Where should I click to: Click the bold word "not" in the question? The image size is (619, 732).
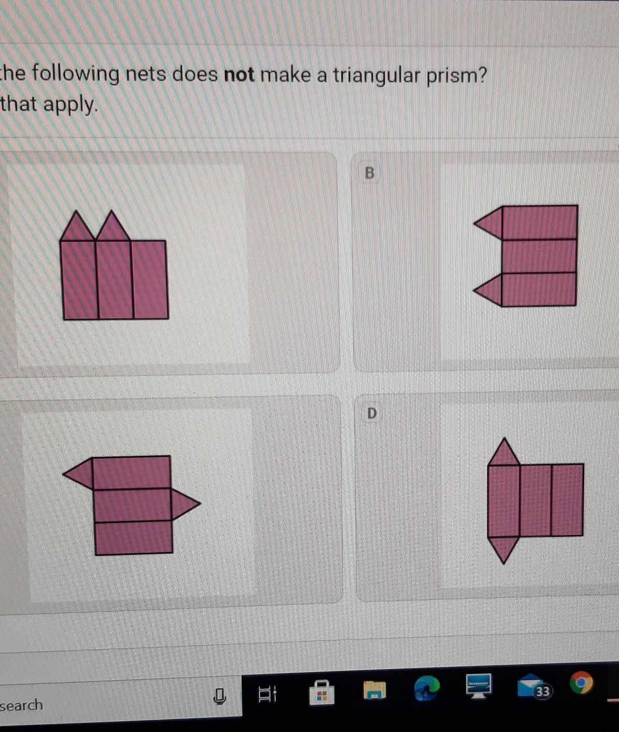point(239,75)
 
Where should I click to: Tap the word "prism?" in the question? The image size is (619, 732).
point(456,77)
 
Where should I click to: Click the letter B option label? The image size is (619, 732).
point(369,173)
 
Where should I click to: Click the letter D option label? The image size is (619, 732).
point(372,413)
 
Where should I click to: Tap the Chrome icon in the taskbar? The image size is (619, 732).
point(581,682)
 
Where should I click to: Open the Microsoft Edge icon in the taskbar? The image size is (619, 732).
point(427,688)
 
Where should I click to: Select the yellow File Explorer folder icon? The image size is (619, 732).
point(375,690)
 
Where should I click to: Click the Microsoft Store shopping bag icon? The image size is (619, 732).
point(321,692)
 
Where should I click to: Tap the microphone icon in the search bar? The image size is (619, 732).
point(220,696)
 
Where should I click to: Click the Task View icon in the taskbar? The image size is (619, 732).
point(268,694)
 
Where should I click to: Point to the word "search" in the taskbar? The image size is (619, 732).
point(21,705)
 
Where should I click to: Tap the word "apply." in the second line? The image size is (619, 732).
point(69,105)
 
